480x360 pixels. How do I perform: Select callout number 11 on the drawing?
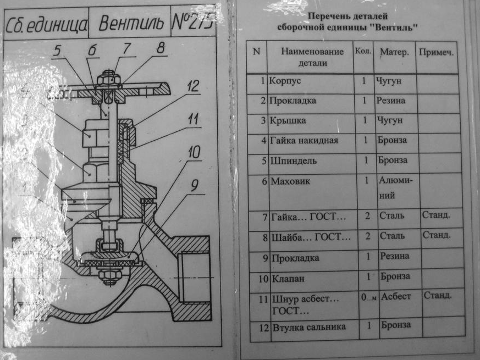click(x=192, y=119)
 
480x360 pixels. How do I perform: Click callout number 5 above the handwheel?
click(x=58, y=51)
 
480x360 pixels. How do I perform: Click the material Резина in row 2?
click(x=391, y=101)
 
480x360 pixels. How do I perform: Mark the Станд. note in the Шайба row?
click(x=436, y=235)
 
